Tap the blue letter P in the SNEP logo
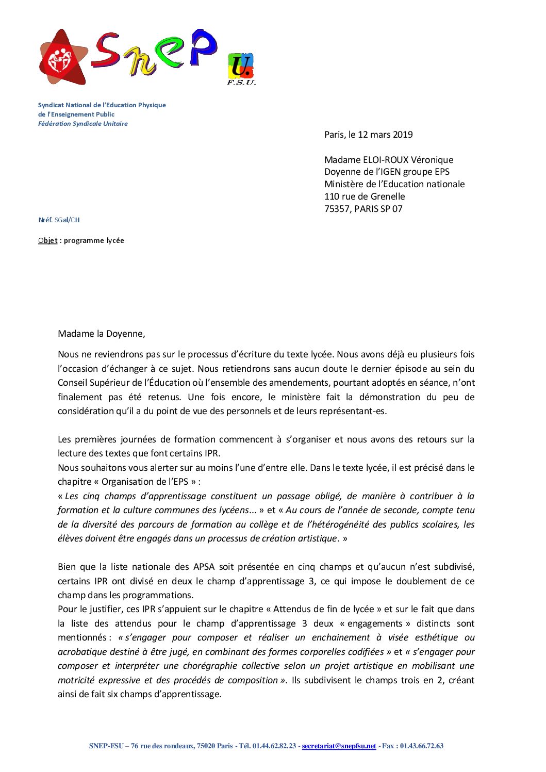point(202,47)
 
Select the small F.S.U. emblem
point(241,69)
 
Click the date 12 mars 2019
point(385,135)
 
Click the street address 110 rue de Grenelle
point(365,196)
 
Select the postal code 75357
point(337,209)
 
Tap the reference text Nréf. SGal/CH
point(59,220)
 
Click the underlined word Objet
point(47,240)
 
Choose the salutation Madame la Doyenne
point(101,334)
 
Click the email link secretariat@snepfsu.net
point(339,746)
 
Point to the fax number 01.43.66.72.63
point(421,746)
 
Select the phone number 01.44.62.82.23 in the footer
point(274,746)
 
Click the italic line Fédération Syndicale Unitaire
point(82,124)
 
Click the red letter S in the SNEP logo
point(107,52)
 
